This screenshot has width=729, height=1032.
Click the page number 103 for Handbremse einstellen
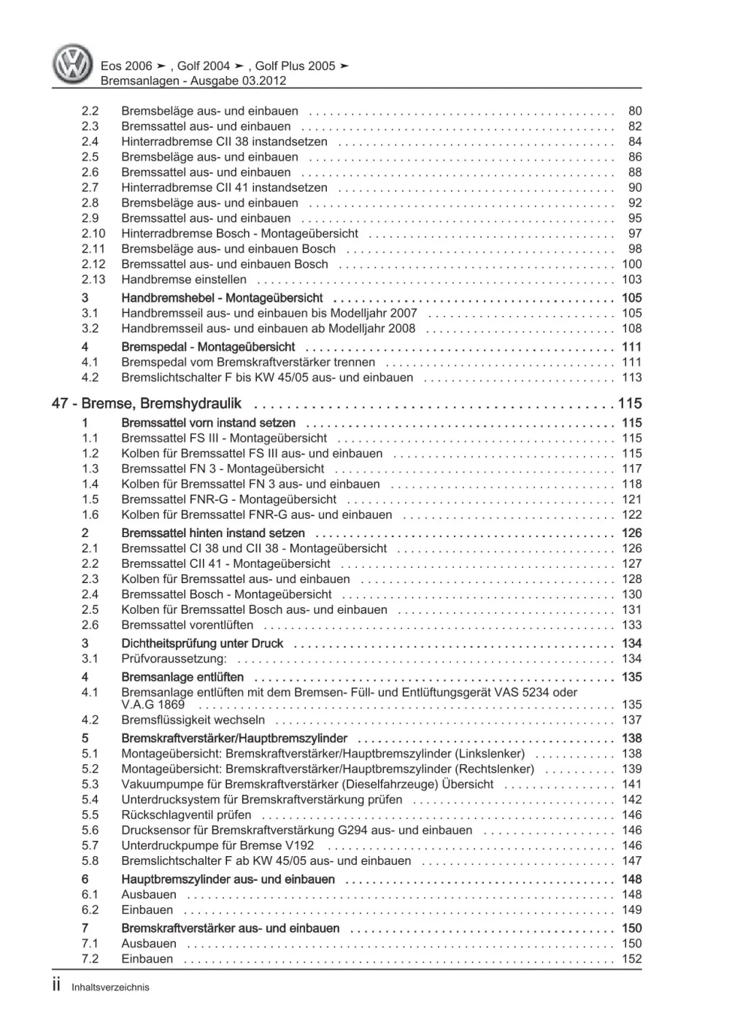tap(631, 280)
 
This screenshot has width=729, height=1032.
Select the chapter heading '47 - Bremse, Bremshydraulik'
tap(147, 404)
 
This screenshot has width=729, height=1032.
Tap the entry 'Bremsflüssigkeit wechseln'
tap(193, 720)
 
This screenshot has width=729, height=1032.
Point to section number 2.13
tap(93, 280)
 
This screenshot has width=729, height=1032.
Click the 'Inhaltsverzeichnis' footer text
tap(110, 987)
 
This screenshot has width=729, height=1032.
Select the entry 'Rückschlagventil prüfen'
tap(186, 815)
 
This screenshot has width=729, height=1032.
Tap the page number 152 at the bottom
tap(631, 959)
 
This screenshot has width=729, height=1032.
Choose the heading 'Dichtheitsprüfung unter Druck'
tap(202, 644)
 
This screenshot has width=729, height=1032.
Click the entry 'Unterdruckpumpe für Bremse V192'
tap(217, 846)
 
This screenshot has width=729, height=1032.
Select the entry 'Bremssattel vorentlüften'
tap(188, 625)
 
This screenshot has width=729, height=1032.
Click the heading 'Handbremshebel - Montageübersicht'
tap(222, 299)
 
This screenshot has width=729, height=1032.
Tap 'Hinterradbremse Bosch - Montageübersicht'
tap(239, 234)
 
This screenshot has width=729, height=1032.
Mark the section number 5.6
tap(90, 831)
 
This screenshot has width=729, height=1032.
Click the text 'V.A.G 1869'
tap(153, 705)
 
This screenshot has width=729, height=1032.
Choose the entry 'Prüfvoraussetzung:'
tap(174, 659)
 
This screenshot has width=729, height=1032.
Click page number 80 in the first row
tap(635, 111)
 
